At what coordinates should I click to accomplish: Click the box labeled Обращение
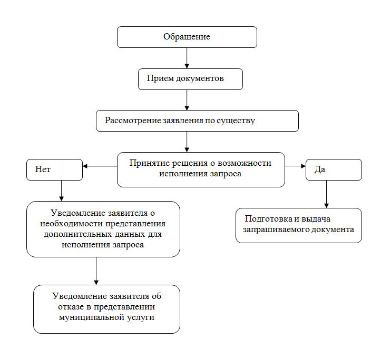point(187,37)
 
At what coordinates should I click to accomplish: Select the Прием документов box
point(190,79)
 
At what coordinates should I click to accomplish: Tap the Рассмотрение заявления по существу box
point(197,121)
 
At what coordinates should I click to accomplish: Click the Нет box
point(54,169)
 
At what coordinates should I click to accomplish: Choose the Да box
point(334,169)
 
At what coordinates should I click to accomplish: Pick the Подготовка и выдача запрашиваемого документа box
point(298,225)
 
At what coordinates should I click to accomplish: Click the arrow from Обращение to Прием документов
point(187,58)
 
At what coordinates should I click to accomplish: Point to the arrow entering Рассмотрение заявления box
point(187,99)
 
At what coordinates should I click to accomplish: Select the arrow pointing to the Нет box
point(100,166)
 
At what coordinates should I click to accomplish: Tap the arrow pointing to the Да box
point(296,166)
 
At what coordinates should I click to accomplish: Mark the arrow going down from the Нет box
point(62,191)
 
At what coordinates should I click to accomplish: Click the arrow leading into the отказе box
point(96,271)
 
